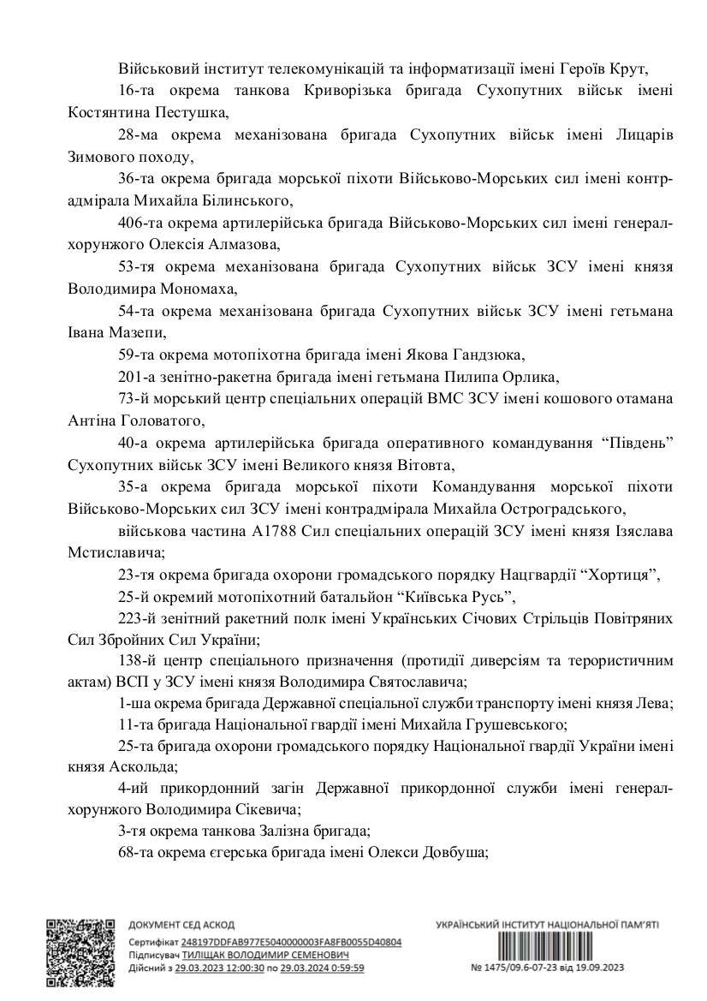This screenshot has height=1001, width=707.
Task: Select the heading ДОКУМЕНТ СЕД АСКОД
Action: [179, 926]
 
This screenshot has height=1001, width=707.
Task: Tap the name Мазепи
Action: [133, 331]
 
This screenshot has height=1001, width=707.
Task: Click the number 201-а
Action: [136, 376]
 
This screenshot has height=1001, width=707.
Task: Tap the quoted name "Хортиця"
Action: [619, 576]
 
